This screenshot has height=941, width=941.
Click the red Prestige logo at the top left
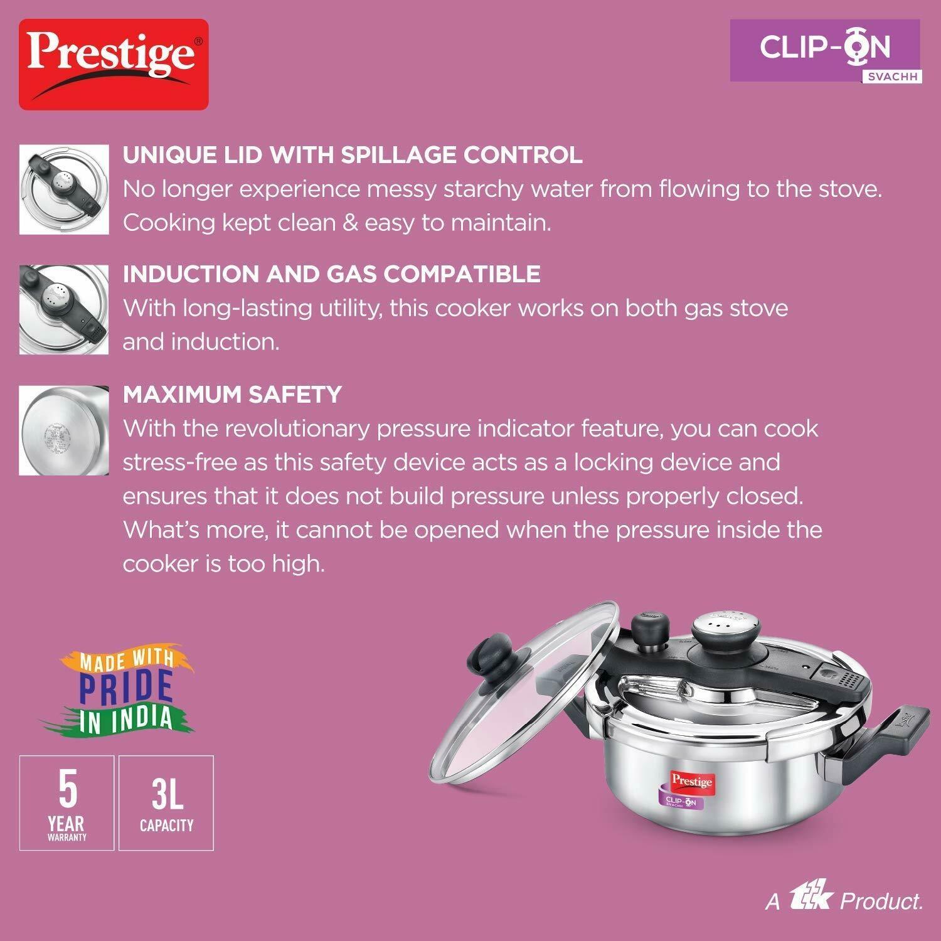(114, 65)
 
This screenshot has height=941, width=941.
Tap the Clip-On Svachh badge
(826, 51)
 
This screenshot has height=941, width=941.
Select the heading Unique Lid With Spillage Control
(353, 155)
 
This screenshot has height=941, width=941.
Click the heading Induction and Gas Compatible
(331, 274)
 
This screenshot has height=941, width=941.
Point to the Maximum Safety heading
(232, 395)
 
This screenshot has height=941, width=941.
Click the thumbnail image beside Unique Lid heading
(64, 189)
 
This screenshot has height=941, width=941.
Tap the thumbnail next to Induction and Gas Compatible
(64, 310)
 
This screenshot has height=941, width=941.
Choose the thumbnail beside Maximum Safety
(64, 430)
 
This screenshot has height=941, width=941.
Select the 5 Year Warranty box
(66, 803)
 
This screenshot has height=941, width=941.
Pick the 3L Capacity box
(166, 803)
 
